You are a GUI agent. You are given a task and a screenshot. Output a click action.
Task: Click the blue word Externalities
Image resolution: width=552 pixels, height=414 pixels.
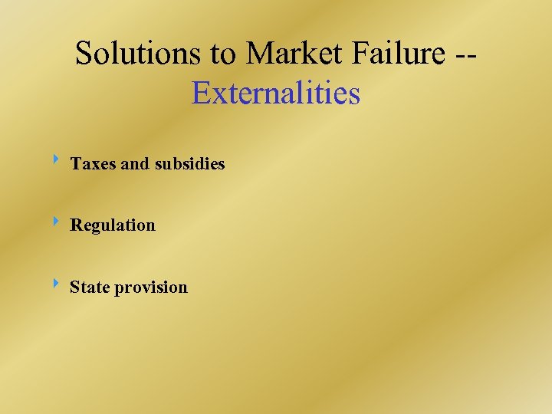point(276,94)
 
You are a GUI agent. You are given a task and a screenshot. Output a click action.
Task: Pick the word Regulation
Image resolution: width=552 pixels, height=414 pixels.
point(113,225)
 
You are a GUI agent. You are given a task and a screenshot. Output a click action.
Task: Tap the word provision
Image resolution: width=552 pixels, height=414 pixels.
point(150,288)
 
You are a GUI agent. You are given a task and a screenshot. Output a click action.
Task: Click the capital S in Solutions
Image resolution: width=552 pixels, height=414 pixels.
point(84,54)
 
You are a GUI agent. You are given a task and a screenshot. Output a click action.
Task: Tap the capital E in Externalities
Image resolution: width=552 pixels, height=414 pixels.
point(202,94)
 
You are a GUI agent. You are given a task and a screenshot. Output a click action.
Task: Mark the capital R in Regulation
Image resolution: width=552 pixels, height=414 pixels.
point(77,225)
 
